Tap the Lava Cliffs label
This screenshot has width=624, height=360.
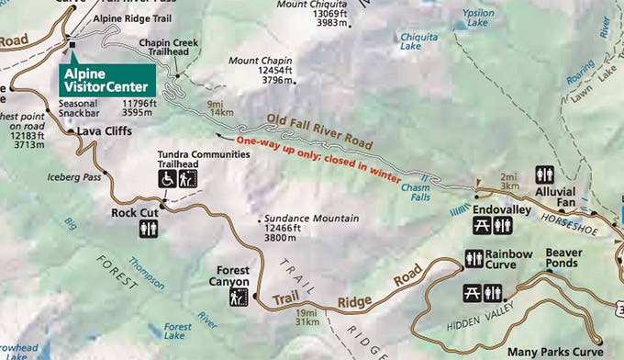pyautogui.click(x=102, y=131)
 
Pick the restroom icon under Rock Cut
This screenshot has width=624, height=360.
pyautogui.click(x=150, y=229)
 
